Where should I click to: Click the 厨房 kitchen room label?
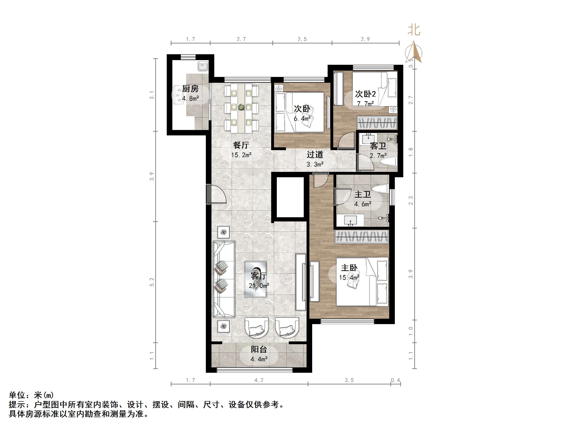click(190, 89)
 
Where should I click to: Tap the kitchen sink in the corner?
click(203, 66)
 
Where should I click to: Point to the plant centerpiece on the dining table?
click(241, 107)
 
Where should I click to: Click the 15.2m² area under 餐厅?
click(241, 155)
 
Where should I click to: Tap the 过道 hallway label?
click(315, 155)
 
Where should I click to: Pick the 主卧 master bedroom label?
click(349, 268)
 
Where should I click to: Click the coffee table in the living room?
click(255, 279)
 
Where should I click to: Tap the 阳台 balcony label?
click(259, 349)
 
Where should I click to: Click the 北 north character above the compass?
click(414, 30)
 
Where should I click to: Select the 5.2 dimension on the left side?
click(152, 282)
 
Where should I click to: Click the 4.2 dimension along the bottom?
click(259, 380)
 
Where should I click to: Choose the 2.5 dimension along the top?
click(302, 39)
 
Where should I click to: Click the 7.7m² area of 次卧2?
click(365, 104)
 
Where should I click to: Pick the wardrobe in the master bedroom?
click(361, 237)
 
